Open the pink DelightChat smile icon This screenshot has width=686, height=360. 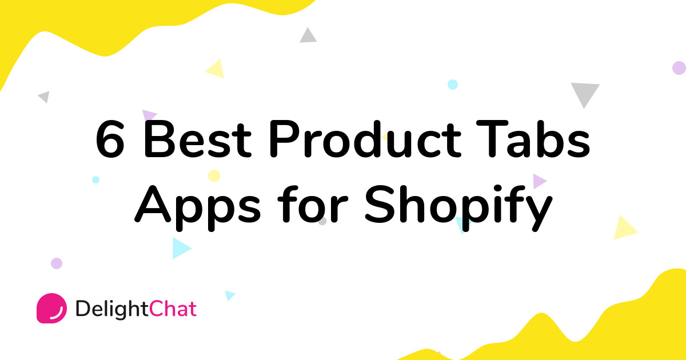click(51, 309)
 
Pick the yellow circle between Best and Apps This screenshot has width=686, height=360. click(214, 175)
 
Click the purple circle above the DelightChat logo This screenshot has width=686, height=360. click(56, 263)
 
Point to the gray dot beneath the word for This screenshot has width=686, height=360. click(322, 221)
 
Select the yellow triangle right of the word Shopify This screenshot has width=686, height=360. click(625, 229)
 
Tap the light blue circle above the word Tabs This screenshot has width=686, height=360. click(453, 85)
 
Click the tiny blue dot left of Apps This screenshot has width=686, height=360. click(95, 179)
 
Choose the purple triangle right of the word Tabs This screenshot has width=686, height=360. click(539, 181)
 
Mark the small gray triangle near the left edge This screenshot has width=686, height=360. click(45, 97)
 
